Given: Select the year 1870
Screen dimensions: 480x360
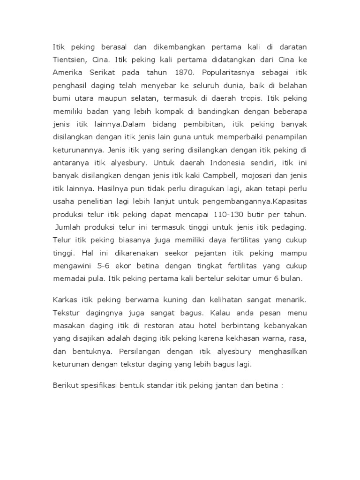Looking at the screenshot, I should [183, 74].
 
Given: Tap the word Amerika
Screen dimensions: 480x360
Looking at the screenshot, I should [67, 74].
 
